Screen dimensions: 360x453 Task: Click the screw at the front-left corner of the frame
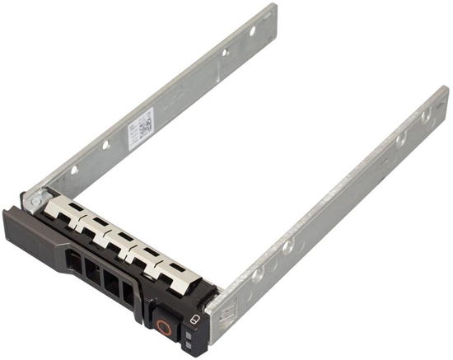click(34, 199)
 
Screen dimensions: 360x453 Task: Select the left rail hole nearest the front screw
click(73, 170)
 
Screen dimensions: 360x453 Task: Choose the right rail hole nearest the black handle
click(258, 273)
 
